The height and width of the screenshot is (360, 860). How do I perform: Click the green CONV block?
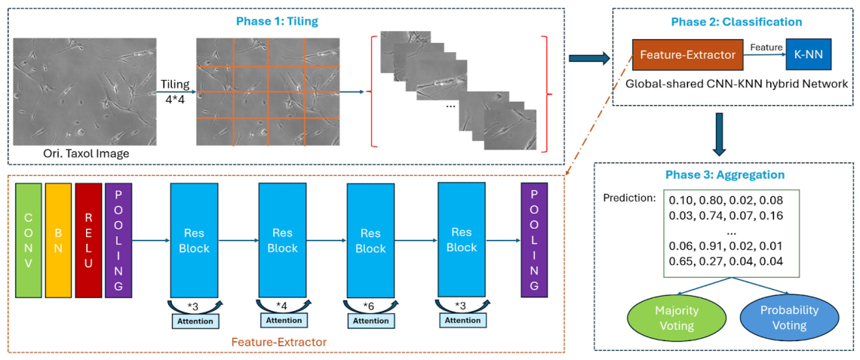point(28,240)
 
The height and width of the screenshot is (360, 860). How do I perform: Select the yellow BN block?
point(58,240)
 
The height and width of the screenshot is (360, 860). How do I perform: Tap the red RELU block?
point(88,240)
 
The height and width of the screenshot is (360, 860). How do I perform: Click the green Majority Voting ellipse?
point(676,318)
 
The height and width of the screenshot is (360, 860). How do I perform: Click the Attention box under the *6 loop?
point(371,320)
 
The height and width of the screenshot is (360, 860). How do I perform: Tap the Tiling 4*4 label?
point(175,91)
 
